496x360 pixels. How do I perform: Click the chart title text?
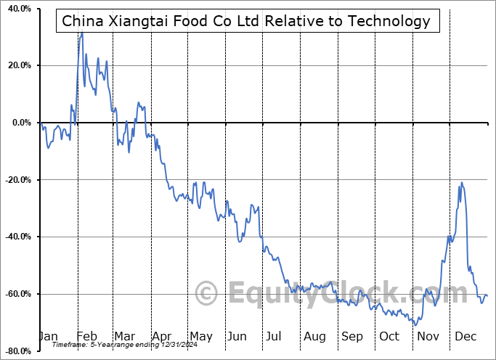point(246,21)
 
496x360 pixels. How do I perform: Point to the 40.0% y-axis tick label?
point(19,9)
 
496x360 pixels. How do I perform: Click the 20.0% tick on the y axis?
point(19,66)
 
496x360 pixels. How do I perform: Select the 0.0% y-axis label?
point(21,123)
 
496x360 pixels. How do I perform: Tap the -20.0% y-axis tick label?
point(17,180)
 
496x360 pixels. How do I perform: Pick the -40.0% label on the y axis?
point(17,237)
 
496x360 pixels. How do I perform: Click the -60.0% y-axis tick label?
point(17,294)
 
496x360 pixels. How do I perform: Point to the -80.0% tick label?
point(17,351)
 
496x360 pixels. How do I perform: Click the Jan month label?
point(47,336)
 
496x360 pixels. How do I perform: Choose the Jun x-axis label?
point(237,336)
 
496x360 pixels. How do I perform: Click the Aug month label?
point(314,336)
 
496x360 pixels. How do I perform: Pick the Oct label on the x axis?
point(389,336)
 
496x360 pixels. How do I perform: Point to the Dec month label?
point(465,336)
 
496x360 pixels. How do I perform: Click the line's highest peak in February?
point(81,32)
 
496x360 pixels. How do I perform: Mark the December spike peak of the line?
point(461,182)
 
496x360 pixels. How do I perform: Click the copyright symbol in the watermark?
point(208,294)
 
